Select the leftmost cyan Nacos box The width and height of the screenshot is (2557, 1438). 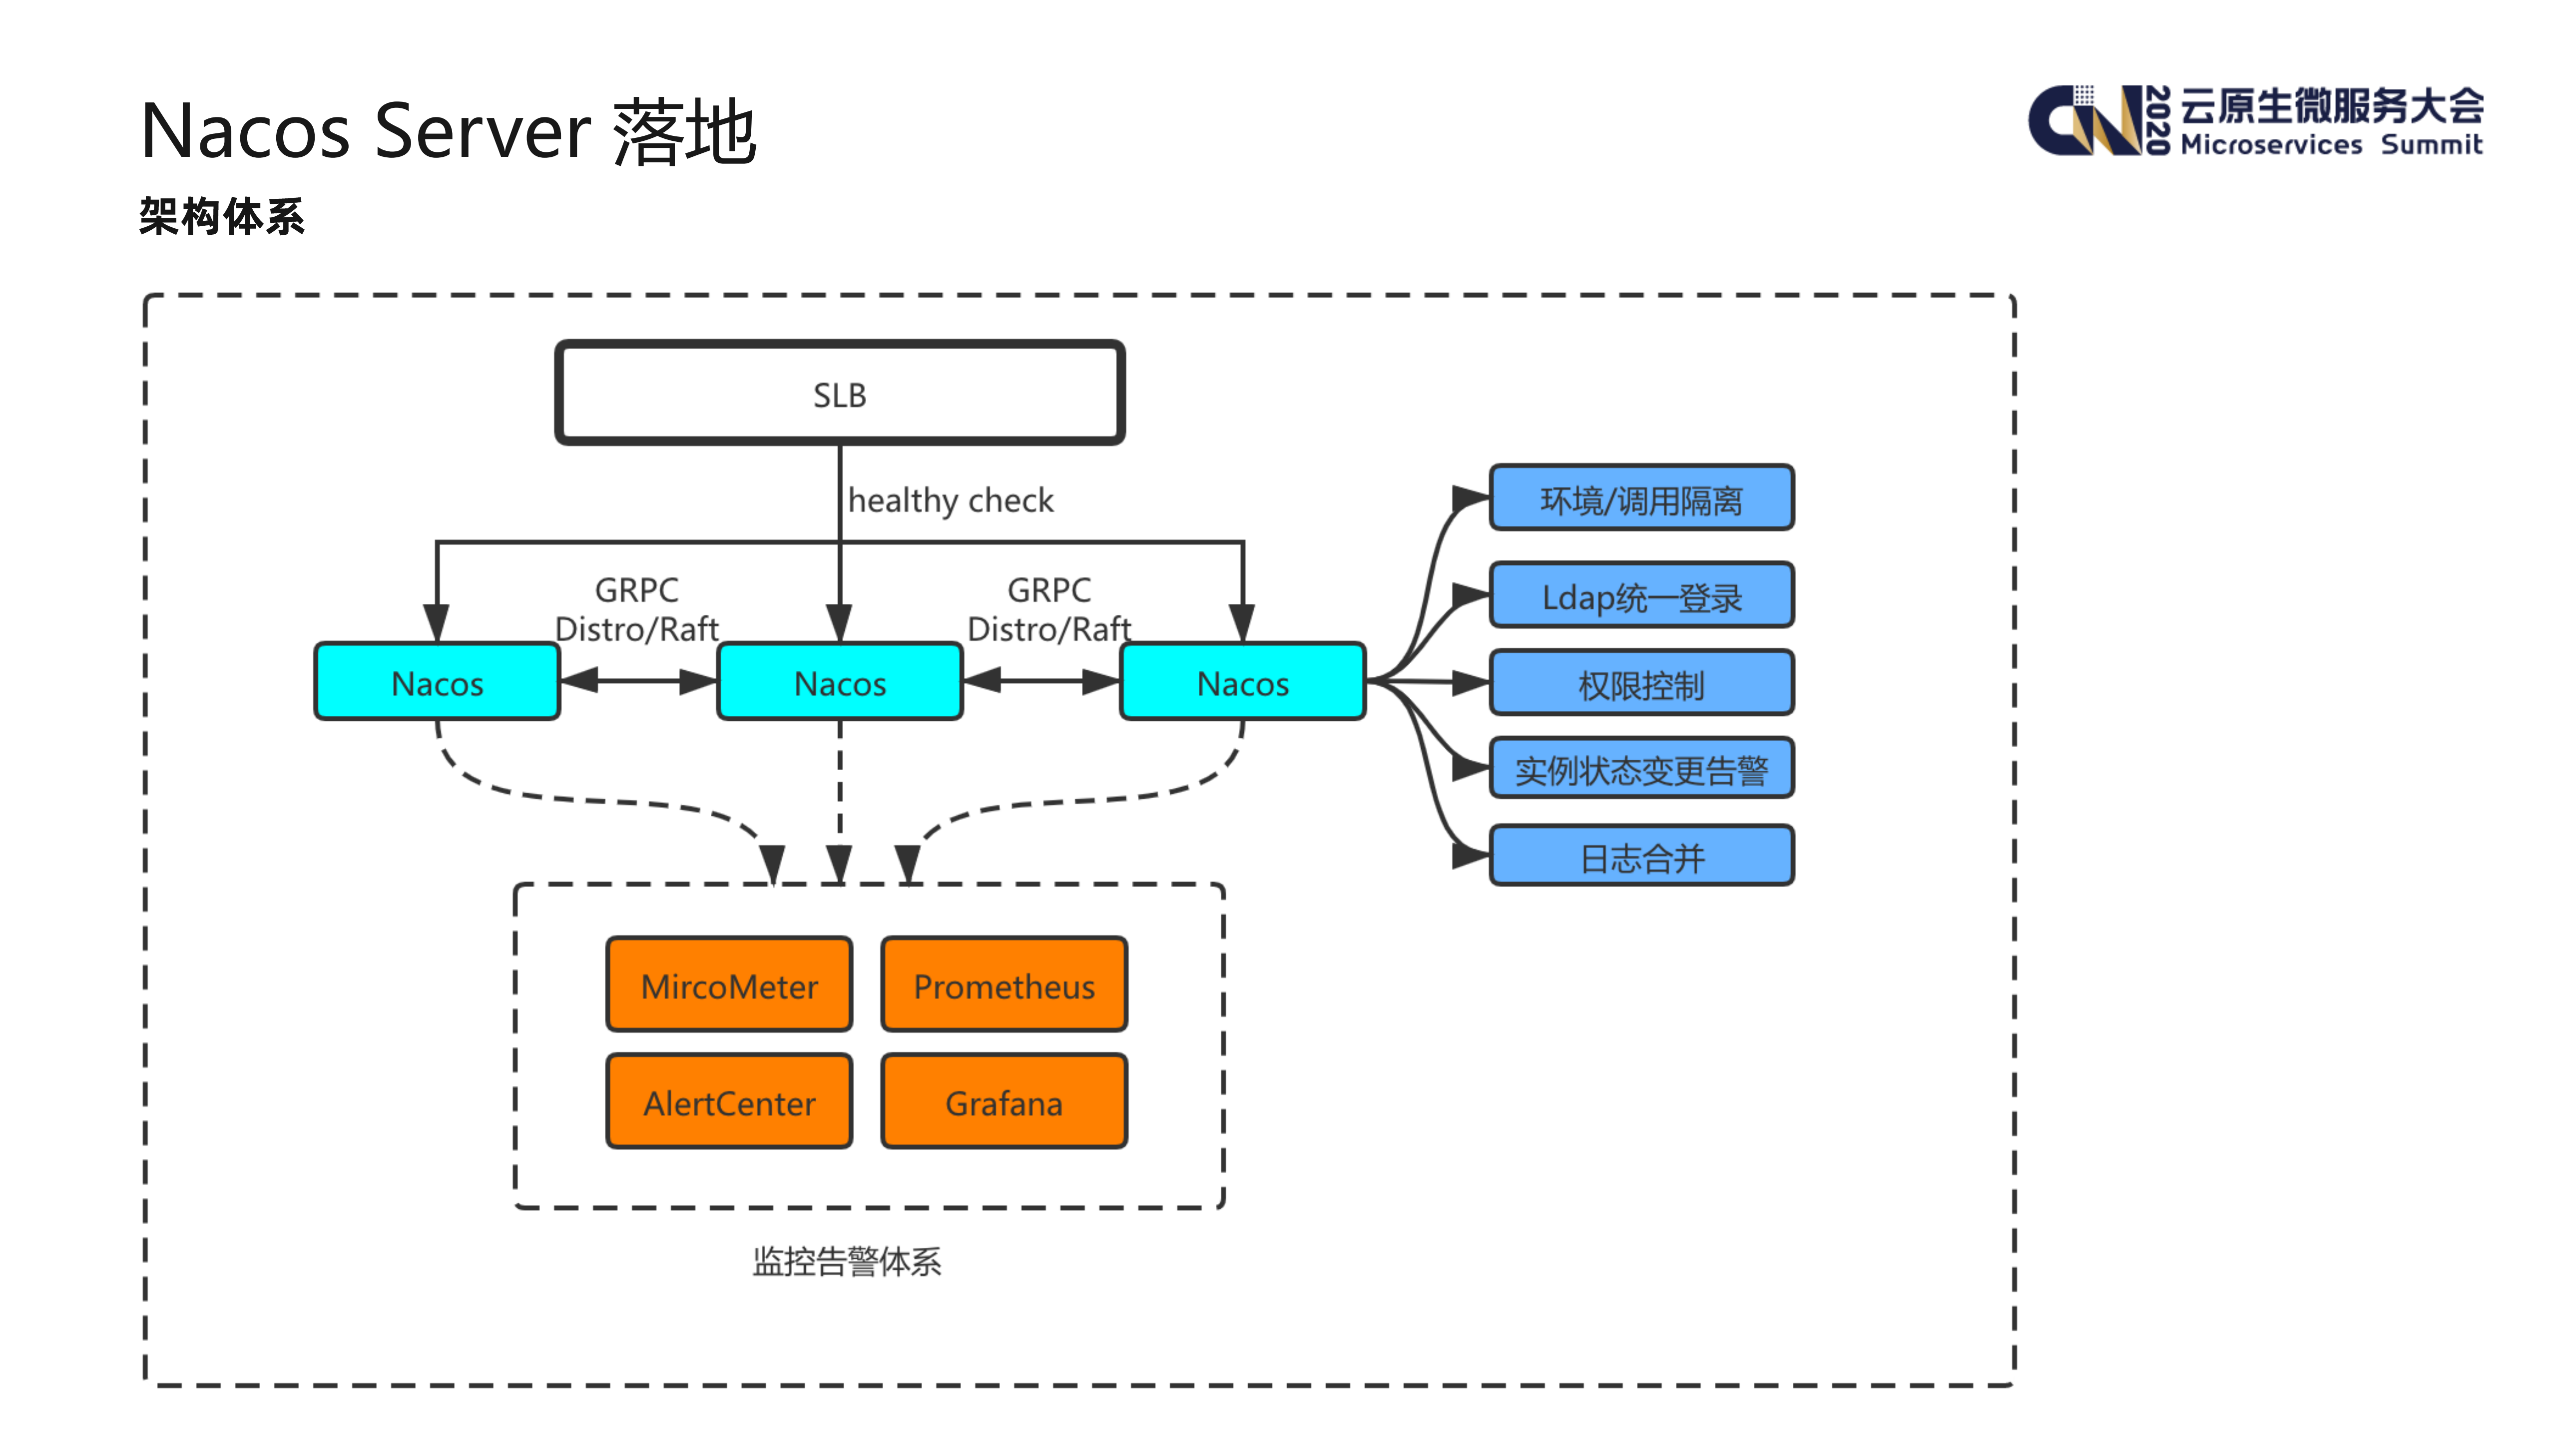437,682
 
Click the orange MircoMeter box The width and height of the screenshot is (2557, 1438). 729,984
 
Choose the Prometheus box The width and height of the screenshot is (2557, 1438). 1004,984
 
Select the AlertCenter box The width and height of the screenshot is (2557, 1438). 729,1101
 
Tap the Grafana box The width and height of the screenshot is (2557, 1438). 1004,1101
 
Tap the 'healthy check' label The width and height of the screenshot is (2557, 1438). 950,500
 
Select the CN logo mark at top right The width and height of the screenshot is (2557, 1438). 2084,121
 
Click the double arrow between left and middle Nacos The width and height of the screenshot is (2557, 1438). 638,681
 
